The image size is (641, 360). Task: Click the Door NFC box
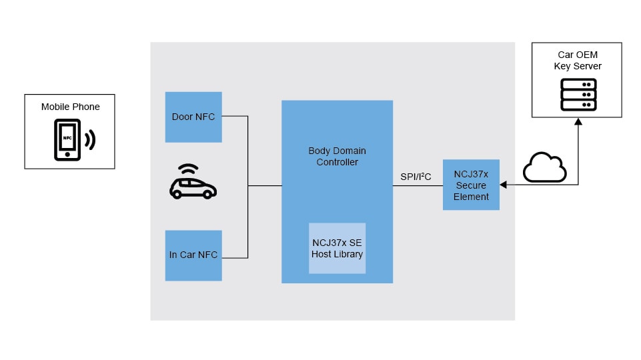click(193, 117)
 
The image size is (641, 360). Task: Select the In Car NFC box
click(193, 255)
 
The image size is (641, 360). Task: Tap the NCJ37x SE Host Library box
click(338, 248)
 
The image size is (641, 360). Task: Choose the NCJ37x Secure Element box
click(471, 185)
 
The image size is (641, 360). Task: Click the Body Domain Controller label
click(337, 157)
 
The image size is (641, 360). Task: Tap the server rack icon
click(578, 95)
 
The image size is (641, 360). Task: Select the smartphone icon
click(67, 139)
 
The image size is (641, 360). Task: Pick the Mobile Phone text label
click(70, 107)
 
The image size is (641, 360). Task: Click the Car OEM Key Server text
click(578, 61)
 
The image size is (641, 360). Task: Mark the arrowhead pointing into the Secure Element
click(504, 185)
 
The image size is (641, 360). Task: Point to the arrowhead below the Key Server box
click(578, 122)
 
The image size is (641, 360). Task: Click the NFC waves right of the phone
click(89, 139)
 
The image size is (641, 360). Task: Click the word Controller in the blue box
click(337, 162)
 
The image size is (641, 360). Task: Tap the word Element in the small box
click(471, 197)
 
